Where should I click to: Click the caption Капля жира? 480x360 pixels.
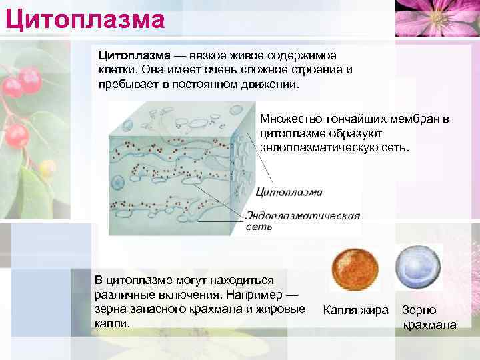click(x=355, y=310)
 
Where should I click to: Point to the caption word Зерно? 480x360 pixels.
click(x=419, y=310)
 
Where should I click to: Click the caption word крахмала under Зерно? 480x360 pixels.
click(x=430, y=325)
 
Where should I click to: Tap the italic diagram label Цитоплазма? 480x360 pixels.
click(x=289, y=192)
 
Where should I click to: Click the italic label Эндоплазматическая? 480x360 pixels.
click(x=303, y=216)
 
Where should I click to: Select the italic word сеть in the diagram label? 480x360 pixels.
click(x=259, y=227)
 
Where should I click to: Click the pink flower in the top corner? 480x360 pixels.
click(x=437, y=17)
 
